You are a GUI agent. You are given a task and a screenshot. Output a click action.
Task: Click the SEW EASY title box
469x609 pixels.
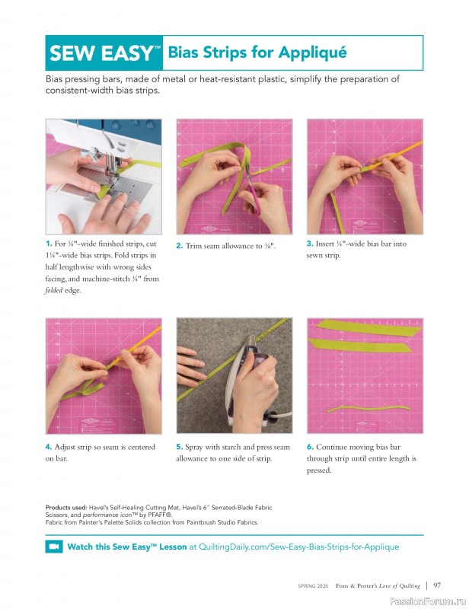104,53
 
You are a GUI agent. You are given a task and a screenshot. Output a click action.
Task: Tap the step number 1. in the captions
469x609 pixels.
49,244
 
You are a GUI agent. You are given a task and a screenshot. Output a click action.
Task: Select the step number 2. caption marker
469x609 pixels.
180,246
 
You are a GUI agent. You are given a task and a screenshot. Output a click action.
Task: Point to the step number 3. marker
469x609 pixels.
310,244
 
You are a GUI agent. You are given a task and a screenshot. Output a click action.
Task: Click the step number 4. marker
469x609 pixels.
49,447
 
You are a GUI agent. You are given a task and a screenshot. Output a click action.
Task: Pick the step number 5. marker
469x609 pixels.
180,447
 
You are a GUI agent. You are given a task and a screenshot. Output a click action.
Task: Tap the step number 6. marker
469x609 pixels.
310,447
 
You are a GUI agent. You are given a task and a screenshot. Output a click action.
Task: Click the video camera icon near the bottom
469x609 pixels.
53,547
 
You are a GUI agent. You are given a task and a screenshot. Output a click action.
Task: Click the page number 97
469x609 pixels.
438,585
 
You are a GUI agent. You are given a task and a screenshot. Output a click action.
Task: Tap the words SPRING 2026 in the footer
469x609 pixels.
314,586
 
